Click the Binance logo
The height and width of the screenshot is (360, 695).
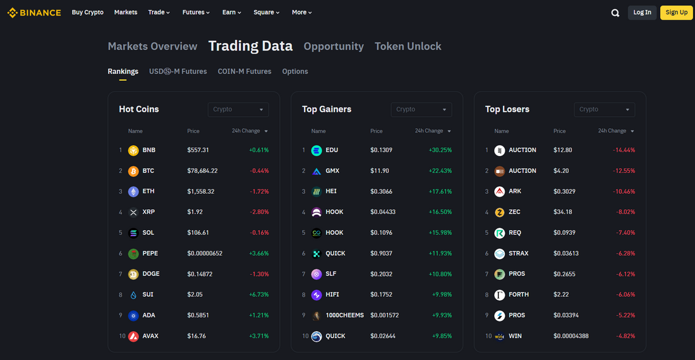pos(34,13)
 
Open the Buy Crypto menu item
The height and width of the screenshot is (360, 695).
pos(88,13)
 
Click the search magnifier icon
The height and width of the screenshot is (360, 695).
pos(615,13)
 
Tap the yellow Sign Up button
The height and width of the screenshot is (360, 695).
pos(676,13)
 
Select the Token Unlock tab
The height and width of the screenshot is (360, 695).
pos(408,46)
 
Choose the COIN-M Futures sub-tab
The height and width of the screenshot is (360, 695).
pos(245,71)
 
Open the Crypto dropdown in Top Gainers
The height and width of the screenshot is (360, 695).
pos(421,109)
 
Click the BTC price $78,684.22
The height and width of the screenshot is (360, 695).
pos(202,171)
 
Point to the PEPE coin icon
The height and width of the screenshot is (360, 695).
pos(133,253)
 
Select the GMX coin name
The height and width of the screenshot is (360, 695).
pos(333,171)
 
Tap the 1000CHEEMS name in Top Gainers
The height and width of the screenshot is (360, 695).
pos(344,315)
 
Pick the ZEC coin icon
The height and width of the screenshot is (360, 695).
pos(500,212)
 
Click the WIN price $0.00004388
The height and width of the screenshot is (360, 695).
pos(571,336)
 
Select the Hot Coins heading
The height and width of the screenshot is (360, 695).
pos(139,109)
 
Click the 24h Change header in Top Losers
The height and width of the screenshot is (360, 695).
pos(613,131)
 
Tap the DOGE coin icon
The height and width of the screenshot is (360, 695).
pos(133,274)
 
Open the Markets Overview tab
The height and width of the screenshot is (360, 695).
pos(152,46)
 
